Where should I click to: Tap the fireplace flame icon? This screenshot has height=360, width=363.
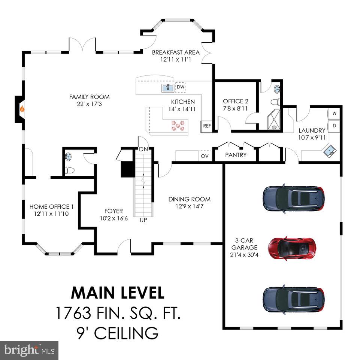click(22, 109)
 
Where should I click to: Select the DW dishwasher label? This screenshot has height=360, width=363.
click(181, 87)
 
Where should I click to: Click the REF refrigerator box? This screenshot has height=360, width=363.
click(207, 126)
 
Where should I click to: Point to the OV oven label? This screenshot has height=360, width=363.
click(205, 155)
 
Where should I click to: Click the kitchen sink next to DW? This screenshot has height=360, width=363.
click(168, 88)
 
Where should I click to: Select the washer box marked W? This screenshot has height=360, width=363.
click(334, 113)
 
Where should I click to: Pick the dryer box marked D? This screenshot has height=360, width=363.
click(334, 126)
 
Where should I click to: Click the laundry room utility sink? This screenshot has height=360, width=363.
click(330, 151)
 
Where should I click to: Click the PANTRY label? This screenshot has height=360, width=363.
click(236, 155)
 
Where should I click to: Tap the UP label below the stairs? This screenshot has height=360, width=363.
click(143, 220)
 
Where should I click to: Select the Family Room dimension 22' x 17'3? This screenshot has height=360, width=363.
click(89, 104)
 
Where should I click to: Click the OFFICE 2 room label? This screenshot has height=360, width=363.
click(235, 101)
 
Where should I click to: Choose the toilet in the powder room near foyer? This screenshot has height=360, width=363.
click(69, 170)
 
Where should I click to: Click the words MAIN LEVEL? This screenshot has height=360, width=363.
click(118, 293)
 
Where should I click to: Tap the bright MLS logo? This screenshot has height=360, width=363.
click(29, 351)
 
